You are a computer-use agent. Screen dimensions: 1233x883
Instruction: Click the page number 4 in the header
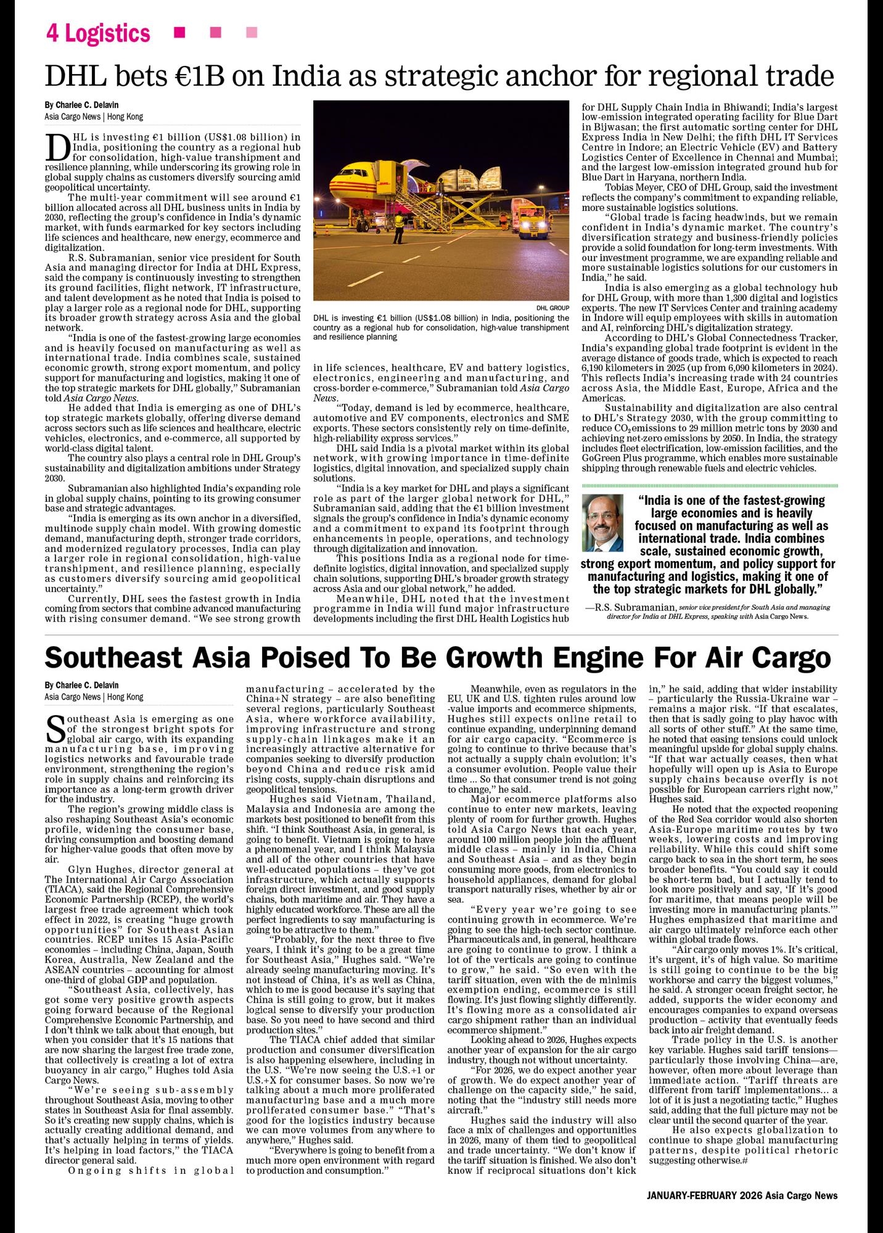52,33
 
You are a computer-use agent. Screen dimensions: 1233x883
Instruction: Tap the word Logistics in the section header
107,33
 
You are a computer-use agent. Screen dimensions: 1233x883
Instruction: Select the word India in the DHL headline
308,77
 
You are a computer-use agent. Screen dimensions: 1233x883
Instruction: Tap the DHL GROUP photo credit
552,308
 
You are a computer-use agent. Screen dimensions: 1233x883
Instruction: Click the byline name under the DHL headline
81,105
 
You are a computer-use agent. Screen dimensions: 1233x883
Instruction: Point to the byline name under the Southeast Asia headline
81,685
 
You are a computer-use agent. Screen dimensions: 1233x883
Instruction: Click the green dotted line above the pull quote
710,486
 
